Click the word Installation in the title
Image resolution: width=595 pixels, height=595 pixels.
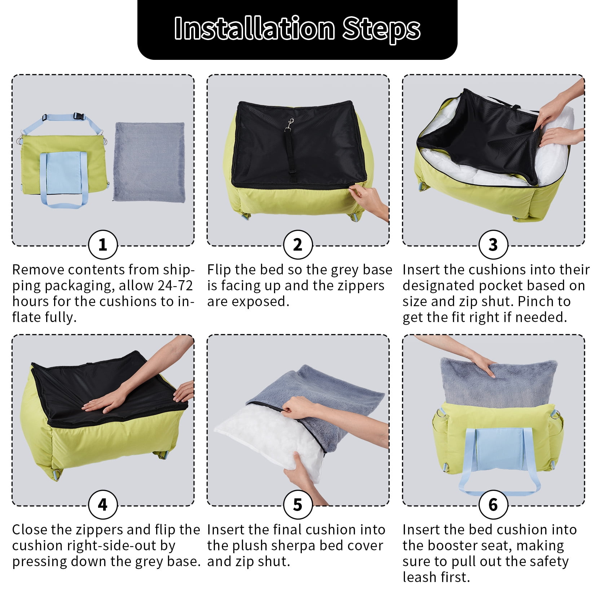(255, 28)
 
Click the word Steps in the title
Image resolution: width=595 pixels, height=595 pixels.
(382, 29)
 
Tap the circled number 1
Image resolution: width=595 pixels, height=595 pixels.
(103, 245)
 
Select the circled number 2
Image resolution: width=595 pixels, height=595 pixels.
(298, 245)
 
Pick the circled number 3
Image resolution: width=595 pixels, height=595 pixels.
(493, 245)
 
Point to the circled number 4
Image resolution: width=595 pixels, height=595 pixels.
(103, 504)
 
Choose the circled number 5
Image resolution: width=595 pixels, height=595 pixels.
(298, 504)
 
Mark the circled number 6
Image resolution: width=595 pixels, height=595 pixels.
(493, 504)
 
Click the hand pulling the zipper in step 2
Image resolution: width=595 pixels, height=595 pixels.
(370, 200)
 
